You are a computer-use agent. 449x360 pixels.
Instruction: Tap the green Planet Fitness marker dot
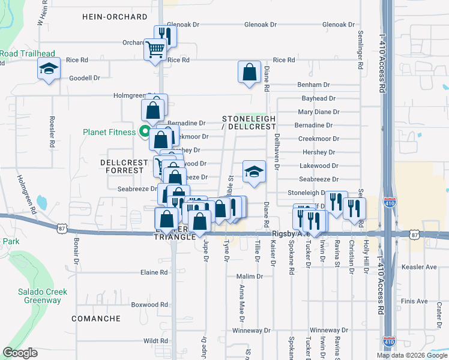[144, 132]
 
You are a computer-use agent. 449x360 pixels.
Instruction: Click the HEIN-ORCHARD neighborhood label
[115, 17]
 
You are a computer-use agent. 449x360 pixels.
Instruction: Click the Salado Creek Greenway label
[42, 296]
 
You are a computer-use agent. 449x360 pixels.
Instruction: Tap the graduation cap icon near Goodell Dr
[49, 69]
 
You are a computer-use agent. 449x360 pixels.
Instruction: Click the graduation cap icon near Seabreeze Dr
[254, 172]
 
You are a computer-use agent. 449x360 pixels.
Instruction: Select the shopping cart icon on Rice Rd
[155, 49]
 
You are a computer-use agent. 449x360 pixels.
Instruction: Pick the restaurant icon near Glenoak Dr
[163, 36]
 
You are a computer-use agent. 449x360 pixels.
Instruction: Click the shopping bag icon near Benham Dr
[249, 72]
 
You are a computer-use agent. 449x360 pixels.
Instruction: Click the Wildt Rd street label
[155, 340]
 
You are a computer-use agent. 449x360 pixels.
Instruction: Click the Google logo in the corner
[20, 353]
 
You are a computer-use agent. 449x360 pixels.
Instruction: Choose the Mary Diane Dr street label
[319, 112]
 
